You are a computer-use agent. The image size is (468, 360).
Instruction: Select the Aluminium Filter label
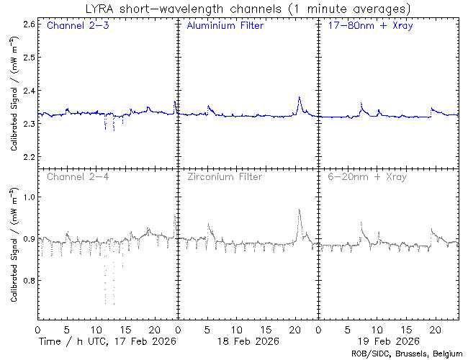click(225, 27)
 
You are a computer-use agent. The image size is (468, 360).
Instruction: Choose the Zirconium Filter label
click(225, 176)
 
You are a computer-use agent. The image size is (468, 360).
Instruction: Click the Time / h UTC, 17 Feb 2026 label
click(107, 340)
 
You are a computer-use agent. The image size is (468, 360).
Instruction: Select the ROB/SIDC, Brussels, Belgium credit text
click(407, 354)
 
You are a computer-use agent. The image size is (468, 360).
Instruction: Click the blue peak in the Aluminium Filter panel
click(299, 98)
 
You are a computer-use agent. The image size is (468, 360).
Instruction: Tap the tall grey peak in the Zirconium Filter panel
click(299, 211)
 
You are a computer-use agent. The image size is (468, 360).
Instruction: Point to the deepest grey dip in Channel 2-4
click(106, 301)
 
